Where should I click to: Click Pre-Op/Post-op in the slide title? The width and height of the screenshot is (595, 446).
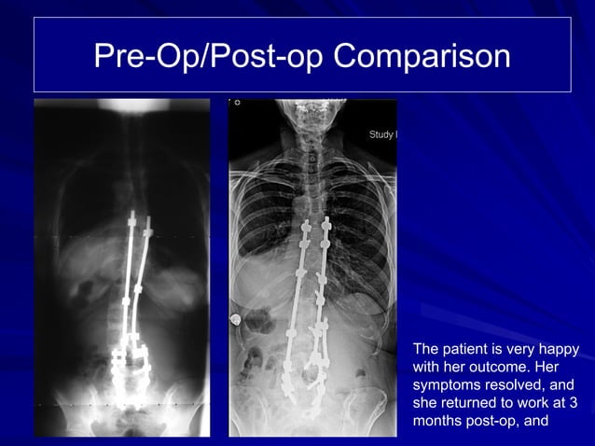coord(209,56)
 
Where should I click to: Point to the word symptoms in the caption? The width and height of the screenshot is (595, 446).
coord(451,385)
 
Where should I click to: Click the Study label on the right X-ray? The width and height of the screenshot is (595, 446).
coord(383,136)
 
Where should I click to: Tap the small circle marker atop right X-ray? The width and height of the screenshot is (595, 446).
coord(238,103)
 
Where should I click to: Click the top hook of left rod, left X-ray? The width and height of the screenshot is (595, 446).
coord(132,220)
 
